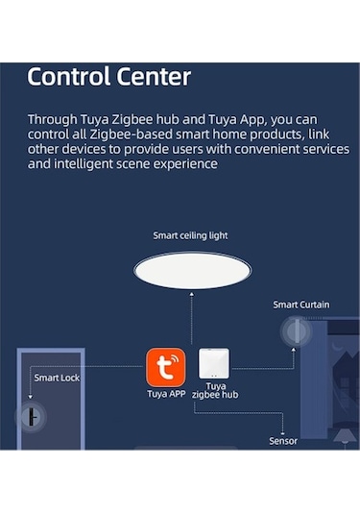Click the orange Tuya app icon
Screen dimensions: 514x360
click(x=164, y=367)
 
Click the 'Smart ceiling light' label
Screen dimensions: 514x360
click(x=190, y=235)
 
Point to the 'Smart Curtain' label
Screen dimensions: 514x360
click(x=300, y=305)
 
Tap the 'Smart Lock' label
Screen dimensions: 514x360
click(x=57, y=378)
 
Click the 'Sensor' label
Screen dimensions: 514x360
click(x=283, y=441)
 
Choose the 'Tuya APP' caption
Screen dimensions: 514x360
click(x=166, y=394)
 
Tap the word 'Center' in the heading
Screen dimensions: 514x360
click(x=151, y=77)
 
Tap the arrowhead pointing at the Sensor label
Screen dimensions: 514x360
click(x=283, y=429)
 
